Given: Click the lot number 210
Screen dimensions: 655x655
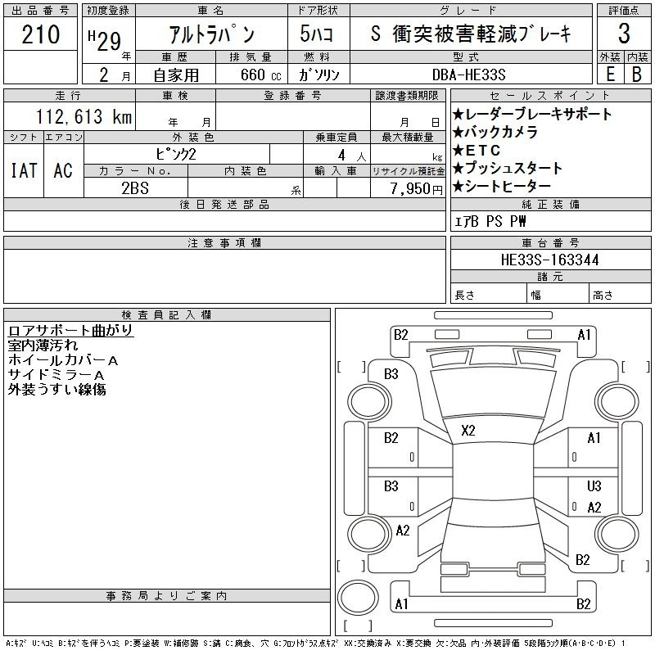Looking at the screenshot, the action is click(x=40, y=34).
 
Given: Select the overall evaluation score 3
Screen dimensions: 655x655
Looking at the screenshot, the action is click(x=624, y=34).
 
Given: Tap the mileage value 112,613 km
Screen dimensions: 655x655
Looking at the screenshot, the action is click(x=84, y=116).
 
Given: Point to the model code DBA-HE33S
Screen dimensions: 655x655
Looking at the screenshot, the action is click(x=468, y=75).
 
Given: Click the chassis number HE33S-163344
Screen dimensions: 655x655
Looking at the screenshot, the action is click(x=549, y=260).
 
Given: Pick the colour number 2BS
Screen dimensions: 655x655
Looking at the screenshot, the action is click(x=135, y=188).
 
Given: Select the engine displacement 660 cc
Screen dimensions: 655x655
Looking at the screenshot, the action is click(x=260, y=75).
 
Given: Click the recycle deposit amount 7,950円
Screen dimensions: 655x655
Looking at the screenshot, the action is click(x=416, y=188).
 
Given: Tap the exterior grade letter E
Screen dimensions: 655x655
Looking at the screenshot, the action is click(x=610, y=75).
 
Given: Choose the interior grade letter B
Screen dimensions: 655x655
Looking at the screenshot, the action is click(x=637, y=75).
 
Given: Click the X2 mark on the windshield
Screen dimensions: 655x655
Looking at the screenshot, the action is click(x=468, y=431).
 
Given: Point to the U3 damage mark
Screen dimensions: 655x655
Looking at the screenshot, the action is click(x=594, y=486).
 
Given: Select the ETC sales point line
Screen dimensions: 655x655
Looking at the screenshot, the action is click(x=477, y=150).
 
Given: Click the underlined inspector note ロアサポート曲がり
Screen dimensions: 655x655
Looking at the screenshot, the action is click(x=70, y=331).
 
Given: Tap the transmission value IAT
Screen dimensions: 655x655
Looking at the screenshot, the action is click(x=24, y=170).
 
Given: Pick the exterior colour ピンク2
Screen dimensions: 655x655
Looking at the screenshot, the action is click(x=176, y=155).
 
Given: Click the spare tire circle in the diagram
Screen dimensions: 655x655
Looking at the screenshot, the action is click(x=358, y=598).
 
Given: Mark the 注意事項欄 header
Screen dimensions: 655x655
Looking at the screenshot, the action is click(x=224, y=242).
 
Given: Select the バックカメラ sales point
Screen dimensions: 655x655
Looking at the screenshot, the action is click(x=495, y=132).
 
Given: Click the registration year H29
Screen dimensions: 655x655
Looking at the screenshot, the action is click(x=105, y=40).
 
